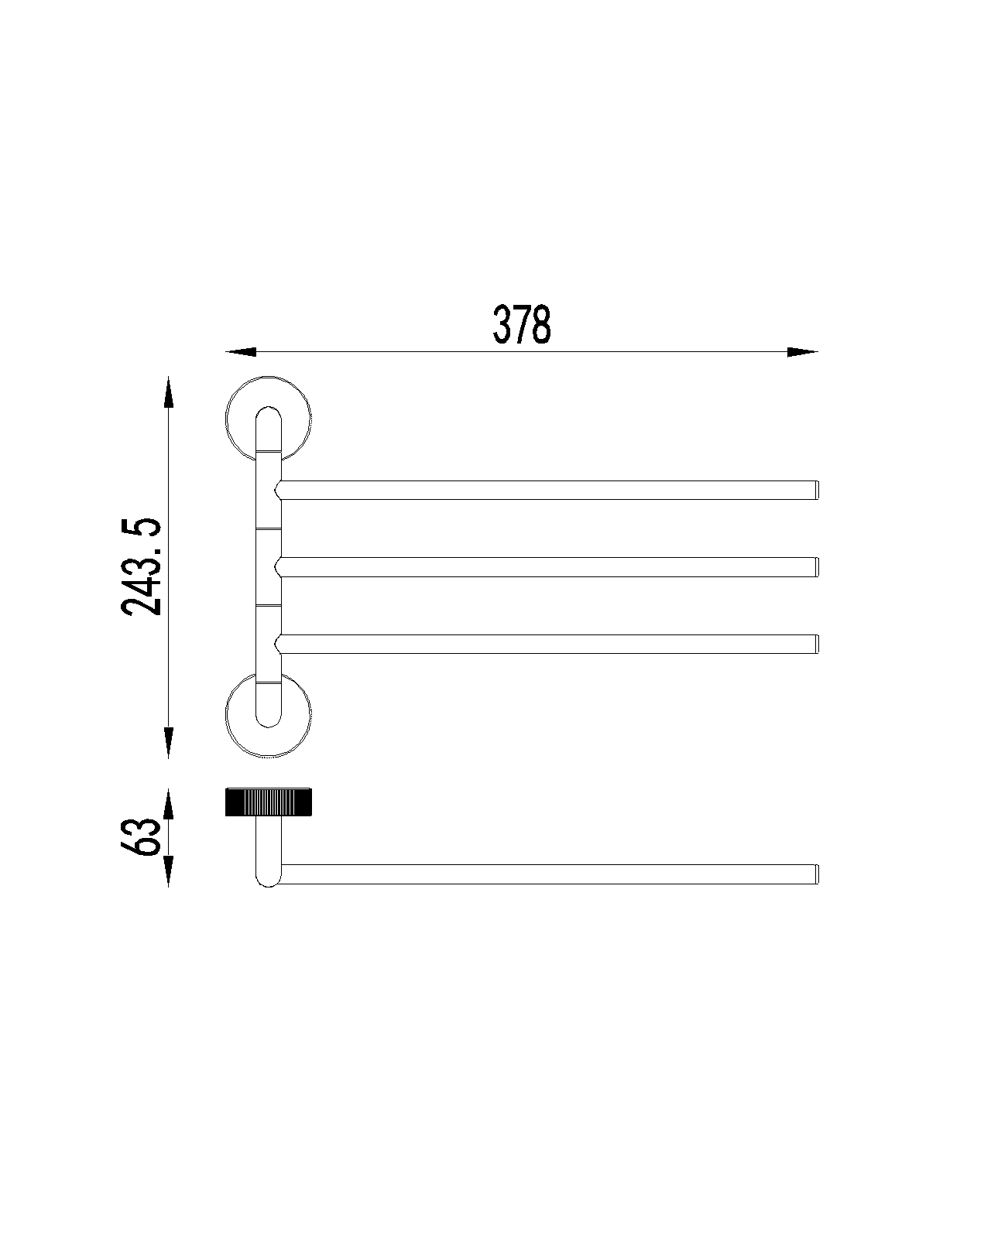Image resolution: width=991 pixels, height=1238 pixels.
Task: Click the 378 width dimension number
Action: tap(521, 325)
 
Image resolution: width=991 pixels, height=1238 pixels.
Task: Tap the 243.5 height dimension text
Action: tap(142, 566)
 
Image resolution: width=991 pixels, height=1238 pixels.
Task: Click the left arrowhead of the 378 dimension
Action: tap(241, 351)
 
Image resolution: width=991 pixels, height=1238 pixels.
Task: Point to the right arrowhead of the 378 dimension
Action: tap(802, 351)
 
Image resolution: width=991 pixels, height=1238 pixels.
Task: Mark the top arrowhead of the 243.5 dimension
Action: tap(168, 392)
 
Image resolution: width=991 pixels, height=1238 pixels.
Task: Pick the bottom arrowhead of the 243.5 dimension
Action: tap(168, 743)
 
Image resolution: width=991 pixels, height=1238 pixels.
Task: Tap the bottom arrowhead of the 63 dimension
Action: tap(168, 871)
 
